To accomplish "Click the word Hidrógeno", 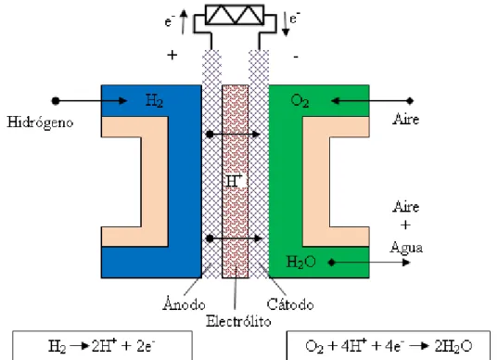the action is [x=40, y=122].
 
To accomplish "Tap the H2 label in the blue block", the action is [x=154, y=100].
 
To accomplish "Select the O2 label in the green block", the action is [x=300, y=101].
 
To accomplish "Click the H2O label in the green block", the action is [x=300, y=263].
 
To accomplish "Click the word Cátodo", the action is [x=290, y=304].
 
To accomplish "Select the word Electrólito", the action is [x=238, y=321].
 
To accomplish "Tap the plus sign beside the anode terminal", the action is [x=172, y=56].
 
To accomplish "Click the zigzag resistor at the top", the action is [x=235, y=15].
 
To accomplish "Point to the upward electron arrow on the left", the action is [x=184, y=21].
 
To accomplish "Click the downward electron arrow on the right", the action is [x=286, y=24].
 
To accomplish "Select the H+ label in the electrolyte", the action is [x=235, y=182].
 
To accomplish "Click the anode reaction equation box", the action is [x=102, y=345].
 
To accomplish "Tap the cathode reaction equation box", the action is [x=389, y=345].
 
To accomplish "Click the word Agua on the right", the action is [x=406, y=248].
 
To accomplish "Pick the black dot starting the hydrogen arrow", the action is [x=56, y=101].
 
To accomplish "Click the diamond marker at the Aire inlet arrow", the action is [x=410, y=101].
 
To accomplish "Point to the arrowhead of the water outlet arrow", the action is [x=406, y=263].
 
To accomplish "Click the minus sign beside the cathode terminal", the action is [x=296, y=57].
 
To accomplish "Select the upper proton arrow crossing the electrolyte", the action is [x=234, y=135].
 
